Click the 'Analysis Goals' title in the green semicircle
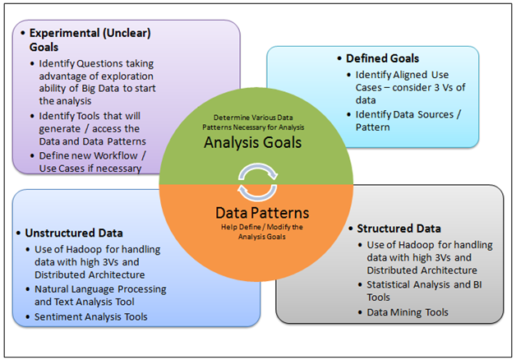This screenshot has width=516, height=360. point(253,143)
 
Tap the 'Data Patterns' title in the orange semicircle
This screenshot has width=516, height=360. point(262,213)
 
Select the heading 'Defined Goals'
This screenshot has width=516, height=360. point(382,58)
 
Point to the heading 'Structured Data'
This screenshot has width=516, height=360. point(399,228)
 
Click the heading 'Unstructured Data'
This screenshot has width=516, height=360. point(74,233)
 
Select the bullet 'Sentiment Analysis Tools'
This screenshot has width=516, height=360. point(91,316)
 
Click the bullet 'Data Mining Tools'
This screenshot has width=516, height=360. point(408,312)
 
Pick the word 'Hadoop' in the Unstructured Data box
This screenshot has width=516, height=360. point(86,249)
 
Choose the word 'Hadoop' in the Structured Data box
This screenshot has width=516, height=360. point(418,245)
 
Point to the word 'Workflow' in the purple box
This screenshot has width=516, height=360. point(115,155)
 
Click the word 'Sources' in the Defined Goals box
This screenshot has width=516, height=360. point(431,114)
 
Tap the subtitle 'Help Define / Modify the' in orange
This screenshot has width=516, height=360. point(262,227)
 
